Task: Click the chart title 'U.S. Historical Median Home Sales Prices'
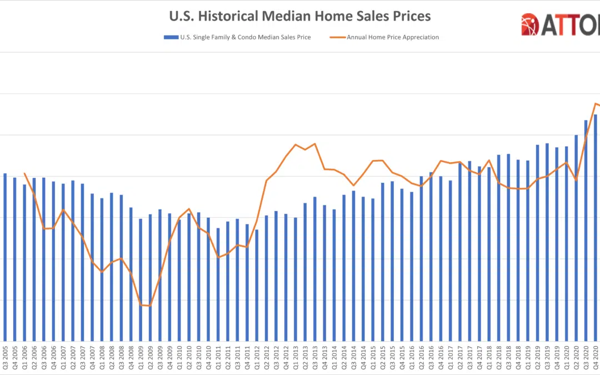[300, 16]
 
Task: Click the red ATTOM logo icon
[530, 24]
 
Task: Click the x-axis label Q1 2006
[24, 359]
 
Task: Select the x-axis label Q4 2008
[131, 359]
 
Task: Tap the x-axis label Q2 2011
[227, 359]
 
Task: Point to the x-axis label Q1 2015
[372, 359]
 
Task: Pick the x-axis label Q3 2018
[508, 359]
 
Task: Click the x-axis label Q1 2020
[566, 359]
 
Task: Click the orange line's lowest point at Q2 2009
[150, 306]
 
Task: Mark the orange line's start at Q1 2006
[24, 173]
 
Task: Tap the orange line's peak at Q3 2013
[315, 144]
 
